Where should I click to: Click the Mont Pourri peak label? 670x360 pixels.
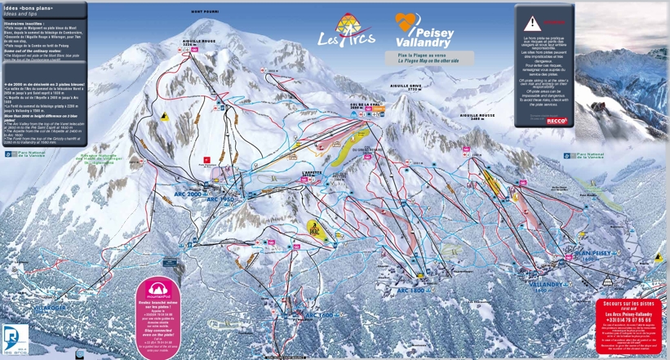[206, 11]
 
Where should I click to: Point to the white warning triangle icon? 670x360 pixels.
[534, 22]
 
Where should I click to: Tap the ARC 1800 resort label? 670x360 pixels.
[410, 291]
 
